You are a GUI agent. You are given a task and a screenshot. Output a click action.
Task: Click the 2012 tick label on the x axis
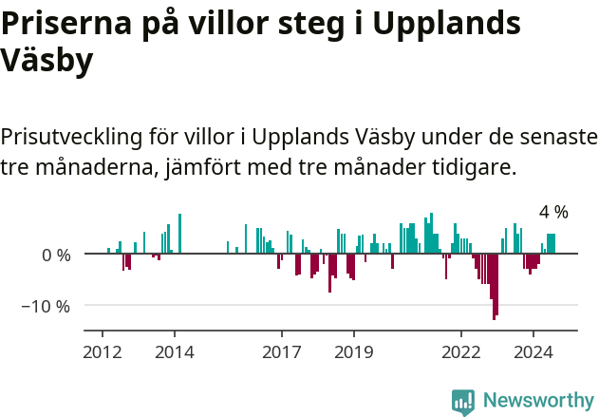[x=103, y=351]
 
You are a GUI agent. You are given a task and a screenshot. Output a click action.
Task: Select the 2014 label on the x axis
[x=175, y=351]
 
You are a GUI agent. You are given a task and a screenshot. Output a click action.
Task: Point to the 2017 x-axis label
[x=282, y=351]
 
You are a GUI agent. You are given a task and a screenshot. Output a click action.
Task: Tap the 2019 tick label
[x=354, y=351]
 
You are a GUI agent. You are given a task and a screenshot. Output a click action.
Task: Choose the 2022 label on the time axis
[x=461, y=351]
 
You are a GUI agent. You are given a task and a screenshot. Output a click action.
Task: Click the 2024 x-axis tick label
[x=533, y=351]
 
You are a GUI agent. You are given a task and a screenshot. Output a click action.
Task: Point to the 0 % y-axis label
[x=55, y=255]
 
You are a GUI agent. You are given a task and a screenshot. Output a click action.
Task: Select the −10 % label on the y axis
[x=47, y=306]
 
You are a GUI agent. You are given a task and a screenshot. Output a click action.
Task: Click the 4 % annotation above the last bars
[x=553, y=212]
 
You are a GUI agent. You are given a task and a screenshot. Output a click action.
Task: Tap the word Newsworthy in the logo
[x=538, y=400]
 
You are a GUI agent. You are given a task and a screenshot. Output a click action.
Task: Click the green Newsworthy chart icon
[x=463, y=401]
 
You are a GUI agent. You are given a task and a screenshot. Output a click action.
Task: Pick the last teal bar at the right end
[x=552, y=243]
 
